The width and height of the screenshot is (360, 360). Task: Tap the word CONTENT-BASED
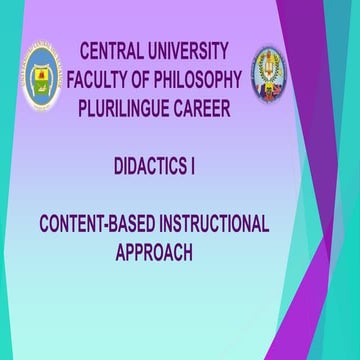point(103,224)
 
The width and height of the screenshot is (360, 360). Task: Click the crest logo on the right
point(271,73)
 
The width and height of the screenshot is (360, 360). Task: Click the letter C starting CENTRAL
point(83,49)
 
